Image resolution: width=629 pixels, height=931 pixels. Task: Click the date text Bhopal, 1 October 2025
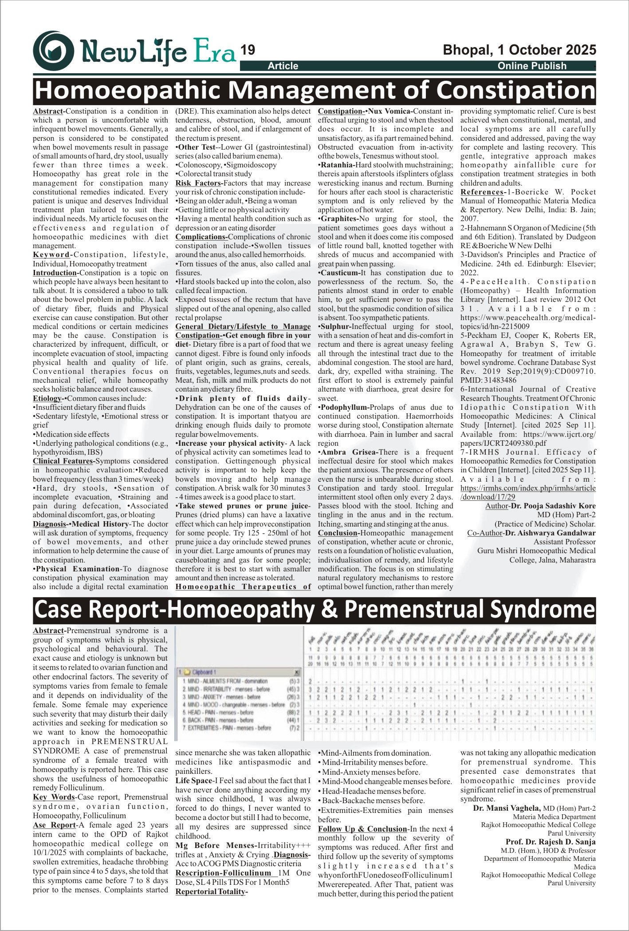coord(519,50)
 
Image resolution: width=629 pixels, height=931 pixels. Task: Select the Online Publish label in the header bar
coord(532,66)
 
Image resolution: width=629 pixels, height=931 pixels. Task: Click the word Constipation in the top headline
coord(516,90)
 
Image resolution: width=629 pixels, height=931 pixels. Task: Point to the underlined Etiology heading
coord(47,398)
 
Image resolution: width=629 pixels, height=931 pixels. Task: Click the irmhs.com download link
coord(528,492)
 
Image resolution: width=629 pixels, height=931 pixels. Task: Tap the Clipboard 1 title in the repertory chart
coord(204,672)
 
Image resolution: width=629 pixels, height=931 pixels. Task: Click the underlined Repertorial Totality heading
coord(211,891)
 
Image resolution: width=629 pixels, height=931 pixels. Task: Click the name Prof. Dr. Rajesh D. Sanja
coord(550,842)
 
